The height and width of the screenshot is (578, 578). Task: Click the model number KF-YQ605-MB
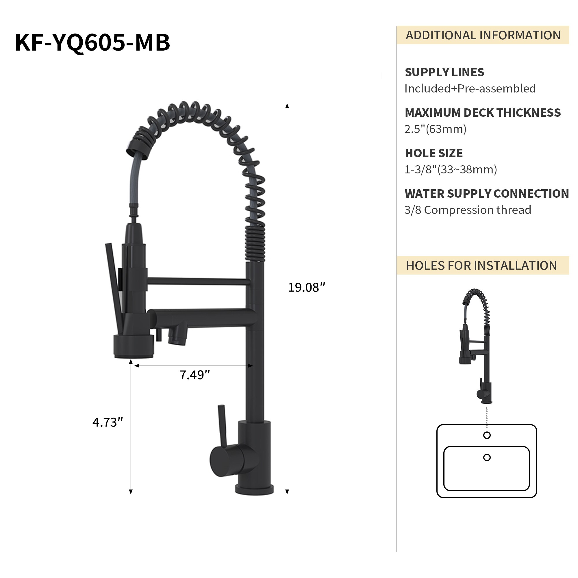point(92,42)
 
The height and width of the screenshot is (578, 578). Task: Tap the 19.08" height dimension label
point(306,288)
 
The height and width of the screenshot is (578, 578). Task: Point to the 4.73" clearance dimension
point(108,423)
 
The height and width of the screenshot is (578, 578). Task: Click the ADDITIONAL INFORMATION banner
point(483,35)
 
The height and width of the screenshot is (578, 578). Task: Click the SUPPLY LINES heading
point(444,73)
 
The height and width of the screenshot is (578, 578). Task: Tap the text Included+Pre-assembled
point(470,89)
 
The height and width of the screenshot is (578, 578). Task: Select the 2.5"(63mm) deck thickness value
point(435,129)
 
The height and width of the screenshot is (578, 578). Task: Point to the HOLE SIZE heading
point(433,153)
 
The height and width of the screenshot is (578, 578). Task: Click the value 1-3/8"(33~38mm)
point(450,170)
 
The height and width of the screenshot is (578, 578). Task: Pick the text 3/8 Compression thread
point(467,210)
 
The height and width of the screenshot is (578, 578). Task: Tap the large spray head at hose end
point(134,347)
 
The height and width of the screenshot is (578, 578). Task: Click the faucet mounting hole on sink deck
point(487,435)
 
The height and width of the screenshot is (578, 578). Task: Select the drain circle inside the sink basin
point(487,457)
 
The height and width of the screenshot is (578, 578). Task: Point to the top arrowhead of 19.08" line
point(287,106)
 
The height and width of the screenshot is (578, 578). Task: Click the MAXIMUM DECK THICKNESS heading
point(482,113)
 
